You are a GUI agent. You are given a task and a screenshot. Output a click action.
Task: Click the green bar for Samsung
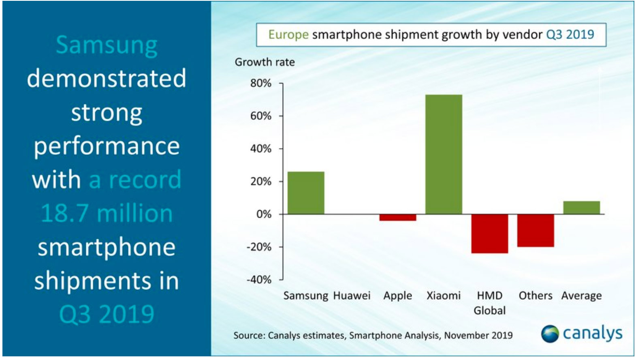(306, 193)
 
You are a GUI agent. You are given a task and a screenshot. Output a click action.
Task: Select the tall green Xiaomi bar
(444, 154)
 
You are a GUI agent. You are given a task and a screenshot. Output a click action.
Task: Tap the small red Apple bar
(397, 217)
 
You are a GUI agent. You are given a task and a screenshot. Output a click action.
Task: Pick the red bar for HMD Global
(489, 234)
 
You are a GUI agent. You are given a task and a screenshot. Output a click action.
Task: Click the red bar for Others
(535, 230)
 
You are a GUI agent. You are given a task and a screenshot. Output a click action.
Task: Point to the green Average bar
(581, 208)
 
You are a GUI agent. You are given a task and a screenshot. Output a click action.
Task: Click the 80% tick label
(260, 83)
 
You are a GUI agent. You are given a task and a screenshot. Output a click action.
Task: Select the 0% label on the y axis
(263, 214)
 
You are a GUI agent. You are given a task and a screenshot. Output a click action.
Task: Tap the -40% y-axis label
(259, 280)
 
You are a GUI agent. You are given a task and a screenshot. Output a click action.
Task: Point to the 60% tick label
(260, 116)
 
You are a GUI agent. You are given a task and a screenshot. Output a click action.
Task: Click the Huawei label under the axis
(352, 296)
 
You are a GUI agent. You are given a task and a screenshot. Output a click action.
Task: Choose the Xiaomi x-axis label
(444, 296)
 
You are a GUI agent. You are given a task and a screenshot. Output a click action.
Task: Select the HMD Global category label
(489, 303)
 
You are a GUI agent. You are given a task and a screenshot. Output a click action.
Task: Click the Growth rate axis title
(265, 62)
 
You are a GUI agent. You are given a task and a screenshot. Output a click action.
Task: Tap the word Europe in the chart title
(288, 35)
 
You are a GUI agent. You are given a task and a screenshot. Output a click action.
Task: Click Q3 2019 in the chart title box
(570, 34)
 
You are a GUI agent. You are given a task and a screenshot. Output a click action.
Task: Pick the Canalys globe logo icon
(550, 334)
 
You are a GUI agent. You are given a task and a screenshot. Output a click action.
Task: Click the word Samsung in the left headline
(107, 45)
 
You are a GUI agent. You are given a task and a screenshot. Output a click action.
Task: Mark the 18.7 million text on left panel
(107, 213)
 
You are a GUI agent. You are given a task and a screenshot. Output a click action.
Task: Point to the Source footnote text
(373, 335)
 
